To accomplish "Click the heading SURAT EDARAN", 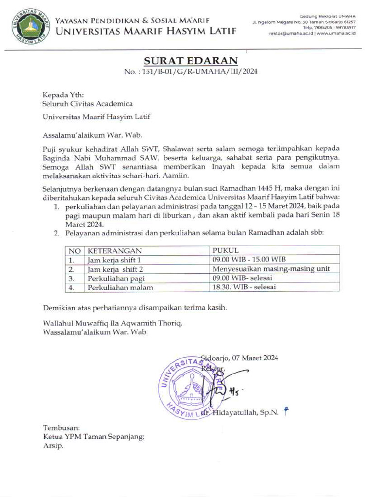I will [190, 61].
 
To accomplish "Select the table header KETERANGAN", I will [115, 251].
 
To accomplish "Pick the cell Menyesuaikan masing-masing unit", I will [271, 269].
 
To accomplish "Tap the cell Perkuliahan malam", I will [120, 287].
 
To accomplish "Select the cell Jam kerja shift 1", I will [117, 260].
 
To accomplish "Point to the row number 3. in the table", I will [71, 278].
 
